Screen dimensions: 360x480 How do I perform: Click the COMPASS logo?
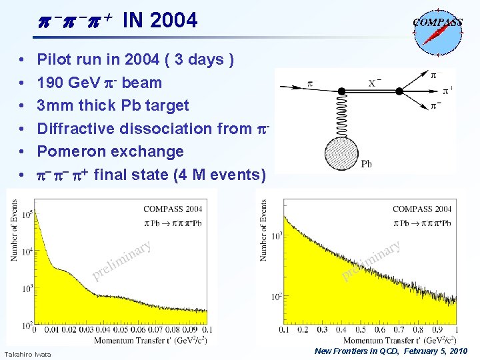pyautogui.click(x=437, y=29)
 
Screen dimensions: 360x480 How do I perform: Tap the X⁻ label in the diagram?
pyautogui.click(x=375, y=83)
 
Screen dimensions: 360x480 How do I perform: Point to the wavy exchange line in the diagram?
pyautogui.click(x=340, y=113)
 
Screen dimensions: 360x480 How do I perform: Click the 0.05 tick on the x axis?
pyautogui.click(x=119, y=329)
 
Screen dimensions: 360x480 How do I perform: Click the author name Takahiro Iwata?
pyautogui.click(x=27, y=353)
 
